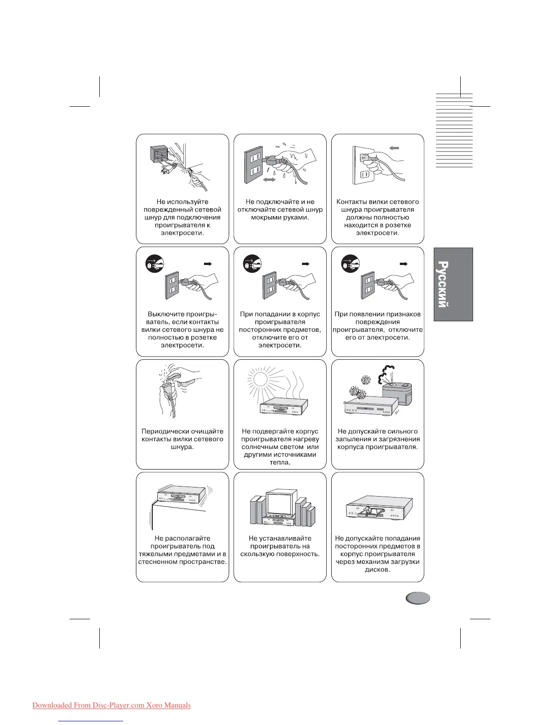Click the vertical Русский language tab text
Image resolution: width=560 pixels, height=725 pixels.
click(442, 284)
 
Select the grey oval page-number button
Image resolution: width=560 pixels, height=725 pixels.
click(417, 598)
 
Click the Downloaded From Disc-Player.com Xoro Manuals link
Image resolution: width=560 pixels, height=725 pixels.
click(112, 705)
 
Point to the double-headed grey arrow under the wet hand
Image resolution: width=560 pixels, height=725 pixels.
click(269, 180)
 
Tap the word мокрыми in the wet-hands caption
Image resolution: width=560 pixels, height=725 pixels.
click(267, 217)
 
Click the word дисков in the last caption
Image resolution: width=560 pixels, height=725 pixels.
click(377, 570)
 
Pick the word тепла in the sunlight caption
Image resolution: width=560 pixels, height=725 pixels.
click(280, 462)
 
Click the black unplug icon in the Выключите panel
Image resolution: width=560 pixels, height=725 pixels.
click(155, 265)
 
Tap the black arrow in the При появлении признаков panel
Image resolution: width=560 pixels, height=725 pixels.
click(403, 264)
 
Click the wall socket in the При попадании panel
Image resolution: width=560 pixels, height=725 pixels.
click(269, 284)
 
